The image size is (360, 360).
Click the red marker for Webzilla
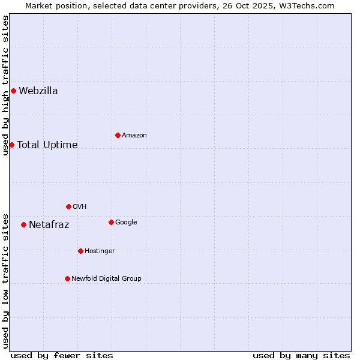pyautogui.click(x=13, y=91)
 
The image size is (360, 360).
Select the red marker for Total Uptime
pyautogui.click(x=11, y=145)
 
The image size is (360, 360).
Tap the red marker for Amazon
pyautogui.click(x=118, y=135)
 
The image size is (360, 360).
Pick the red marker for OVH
pyautogui.click(x=68, y=206)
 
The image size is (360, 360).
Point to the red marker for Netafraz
pyautogui.click(x=23, y=224)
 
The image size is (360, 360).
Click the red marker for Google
pyautogui.click(x=111, y=222)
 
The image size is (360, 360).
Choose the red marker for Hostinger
pyautogui.click(x=80, y=251)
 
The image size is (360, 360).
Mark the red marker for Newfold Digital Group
pyautogui.click(x=67, y=278)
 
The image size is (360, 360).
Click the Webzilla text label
pyautogui.click(x=38, y=91)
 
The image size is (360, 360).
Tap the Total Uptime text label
pyautogui.click(x=47, y=145)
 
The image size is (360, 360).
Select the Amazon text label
pyautogui.click(x=134, y=135)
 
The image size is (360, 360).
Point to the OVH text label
pyautogui.click(x=80, y=206)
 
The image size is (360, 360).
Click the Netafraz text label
pyautogui.click(x=49, y=225)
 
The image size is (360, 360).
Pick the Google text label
pyautogui.click(x=126, y=222)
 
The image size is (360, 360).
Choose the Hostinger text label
pyautogui.click(x=100, y=251)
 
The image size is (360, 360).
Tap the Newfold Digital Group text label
pyautogui.click(x=106, y=278)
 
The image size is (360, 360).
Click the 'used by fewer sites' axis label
pyautogui.click(x=62, y=355)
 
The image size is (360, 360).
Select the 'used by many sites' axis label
pyautogui.click(x=301, y=355)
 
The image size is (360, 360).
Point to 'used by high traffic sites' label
pyautogui.click(x=5, y=85)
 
